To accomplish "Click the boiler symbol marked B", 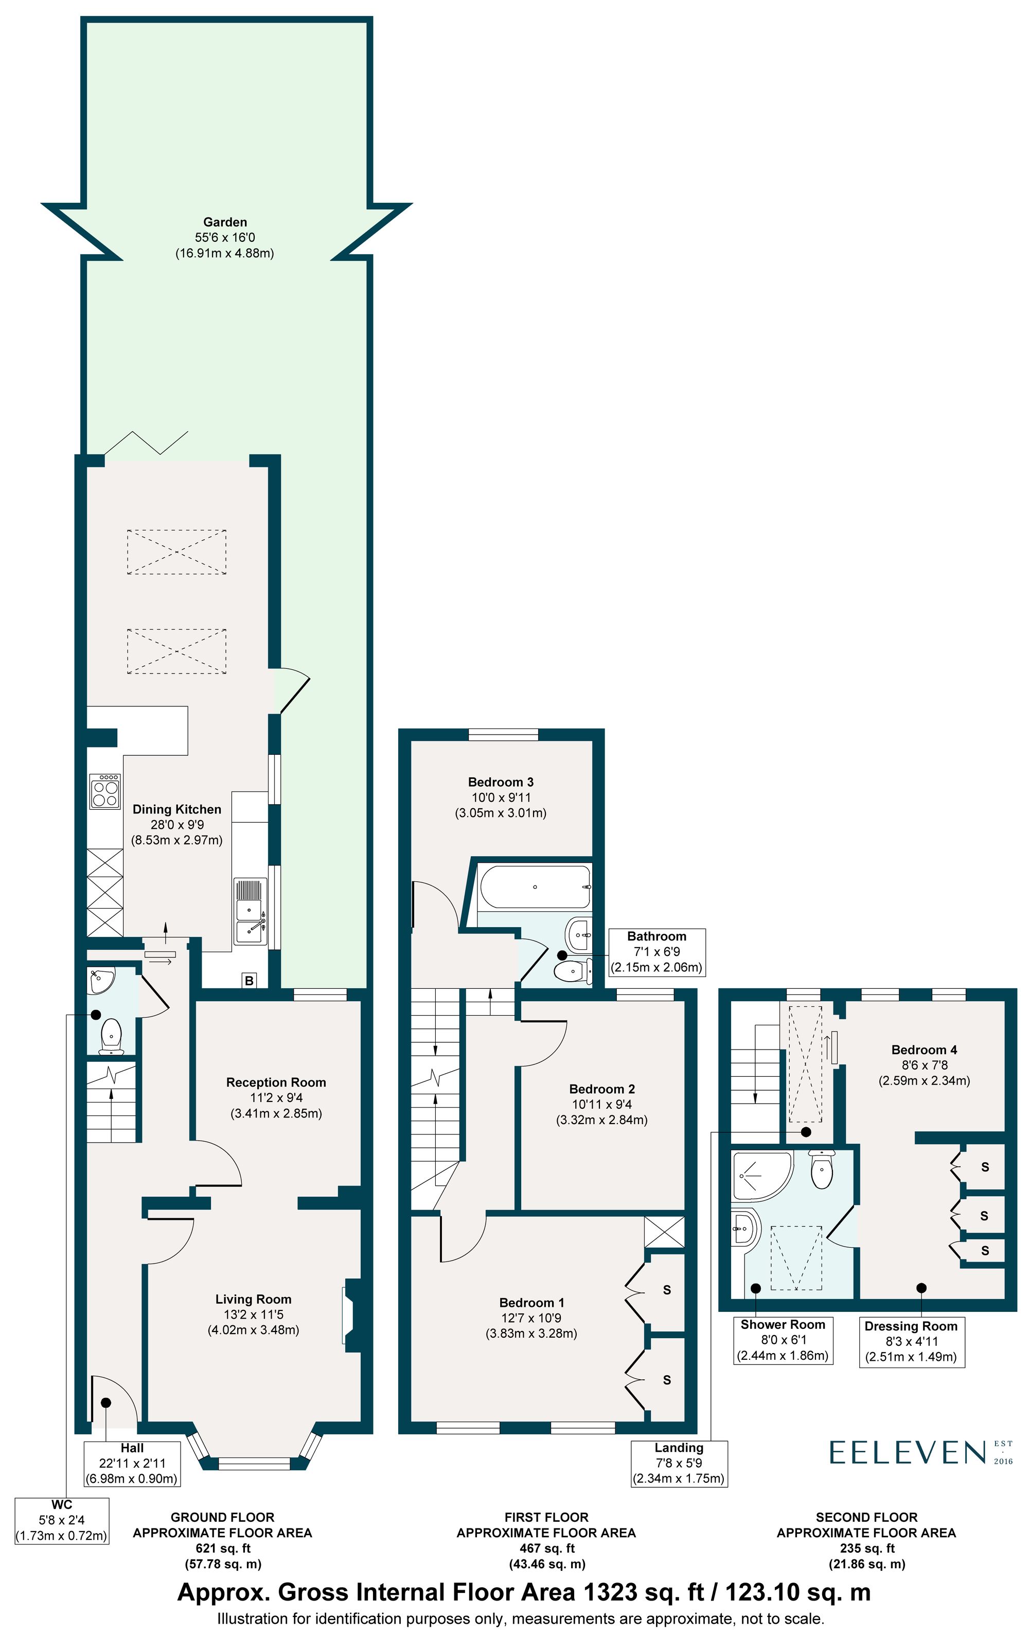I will (x=249, y=981).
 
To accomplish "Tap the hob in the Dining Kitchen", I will (x=104, y=791).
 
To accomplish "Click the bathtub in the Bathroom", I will (x=535, y=887).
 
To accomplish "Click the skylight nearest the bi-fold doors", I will (x=176, y=552).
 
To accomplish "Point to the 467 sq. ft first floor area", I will (x=546, y=1548).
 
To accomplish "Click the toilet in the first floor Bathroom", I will (x=570, y=971).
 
